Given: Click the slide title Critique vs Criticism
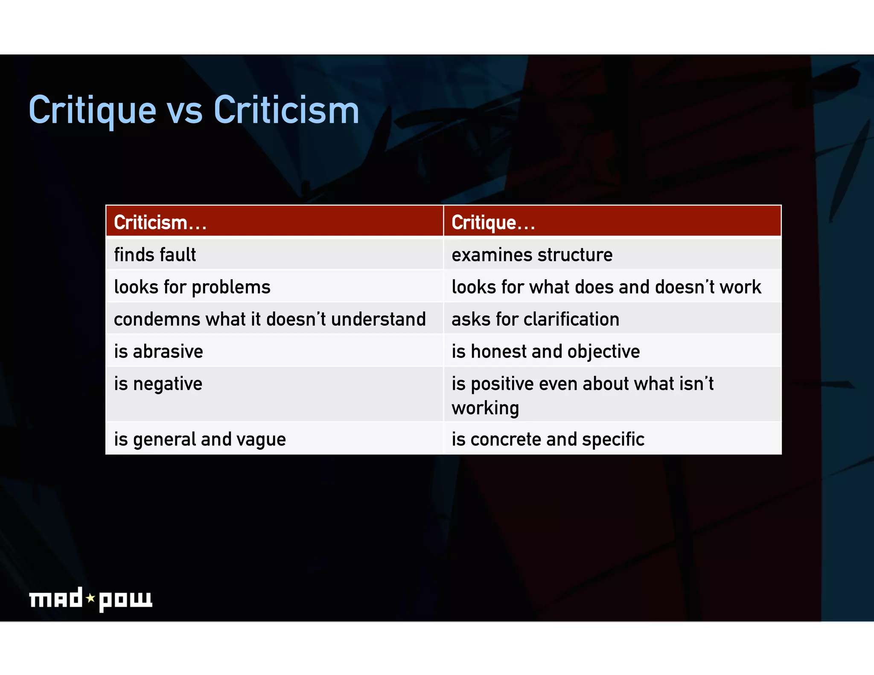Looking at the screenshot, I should point(194,111).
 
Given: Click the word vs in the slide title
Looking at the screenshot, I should point(184,112).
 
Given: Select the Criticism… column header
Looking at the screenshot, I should point(160,222).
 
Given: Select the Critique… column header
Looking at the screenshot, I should point(493,222).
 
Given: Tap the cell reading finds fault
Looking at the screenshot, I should point(155,255).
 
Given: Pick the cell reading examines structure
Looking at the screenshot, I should point(532,255).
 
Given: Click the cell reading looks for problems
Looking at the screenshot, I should point(192,287).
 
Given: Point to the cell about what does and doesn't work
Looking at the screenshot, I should point(606,287).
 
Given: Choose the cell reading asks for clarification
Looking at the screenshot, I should point(535,319).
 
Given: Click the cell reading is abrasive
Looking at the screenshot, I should point(158,352).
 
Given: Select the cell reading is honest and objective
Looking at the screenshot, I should point(545,352).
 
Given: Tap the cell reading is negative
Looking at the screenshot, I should point(158,384).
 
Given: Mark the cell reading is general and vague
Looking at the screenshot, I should point(200,439).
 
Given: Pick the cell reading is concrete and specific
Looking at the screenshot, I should point(548,439).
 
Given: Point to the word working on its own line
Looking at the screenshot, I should point(485,408).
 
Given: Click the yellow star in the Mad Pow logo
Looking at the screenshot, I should point(90,598).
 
